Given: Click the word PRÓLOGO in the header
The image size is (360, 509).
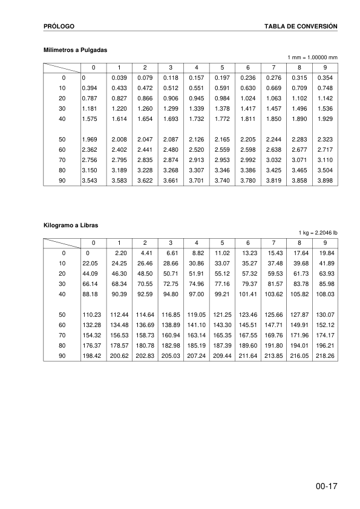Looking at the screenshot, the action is [x=59, y=27].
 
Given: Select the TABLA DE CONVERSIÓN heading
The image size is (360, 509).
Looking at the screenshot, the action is [x=301, y=27].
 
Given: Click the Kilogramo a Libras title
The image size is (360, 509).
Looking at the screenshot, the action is [x=71, y=225].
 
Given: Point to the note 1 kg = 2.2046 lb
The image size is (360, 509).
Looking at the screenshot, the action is [x=318, y=233].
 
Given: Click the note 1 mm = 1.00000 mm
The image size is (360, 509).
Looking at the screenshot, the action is [x=313, y=57].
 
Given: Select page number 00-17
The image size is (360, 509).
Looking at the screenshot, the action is [x=326, y=486].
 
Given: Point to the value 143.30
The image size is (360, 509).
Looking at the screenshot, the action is [x=223, y=324].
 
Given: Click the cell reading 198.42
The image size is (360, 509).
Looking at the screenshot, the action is [x=92, y=356].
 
